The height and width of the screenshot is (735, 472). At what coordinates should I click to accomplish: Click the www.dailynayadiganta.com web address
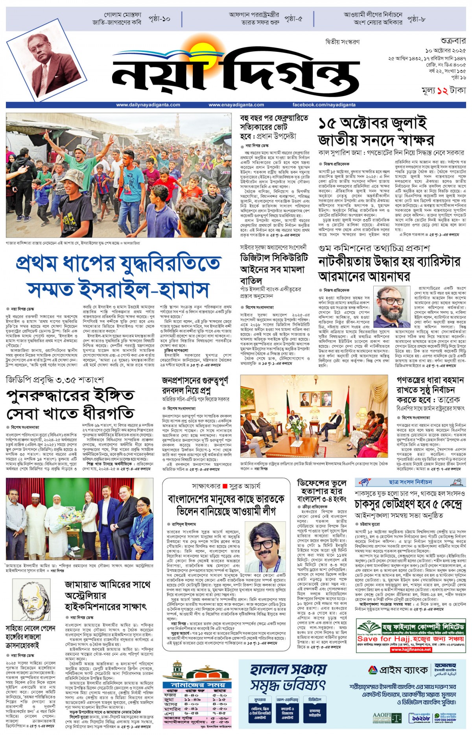[x=148, y=105]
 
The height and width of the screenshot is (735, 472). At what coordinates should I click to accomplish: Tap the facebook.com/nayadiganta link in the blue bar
[x=324, y=105]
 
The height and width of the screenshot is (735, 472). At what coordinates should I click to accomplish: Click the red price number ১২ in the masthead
[x=442, y=90]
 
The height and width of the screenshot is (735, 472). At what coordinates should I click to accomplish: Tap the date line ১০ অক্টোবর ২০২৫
[x=446, y=51]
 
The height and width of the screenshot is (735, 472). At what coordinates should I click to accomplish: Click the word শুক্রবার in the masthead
[x=453, y=41]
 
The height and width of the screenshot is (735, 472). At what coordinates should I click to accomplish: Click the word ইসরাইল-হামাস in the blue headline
[x=118, y=290]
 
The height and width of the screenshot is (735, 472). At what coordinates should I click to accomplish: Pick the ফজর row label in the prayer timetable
[x=170, y=695]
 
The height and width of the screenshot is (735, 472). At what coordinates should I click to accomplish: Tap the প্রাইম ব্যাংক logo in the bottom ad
[x=397, y=670]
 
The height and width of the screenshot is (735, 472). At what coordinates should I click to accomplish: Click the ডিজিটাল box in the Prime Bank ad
[x=315, y=710]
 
